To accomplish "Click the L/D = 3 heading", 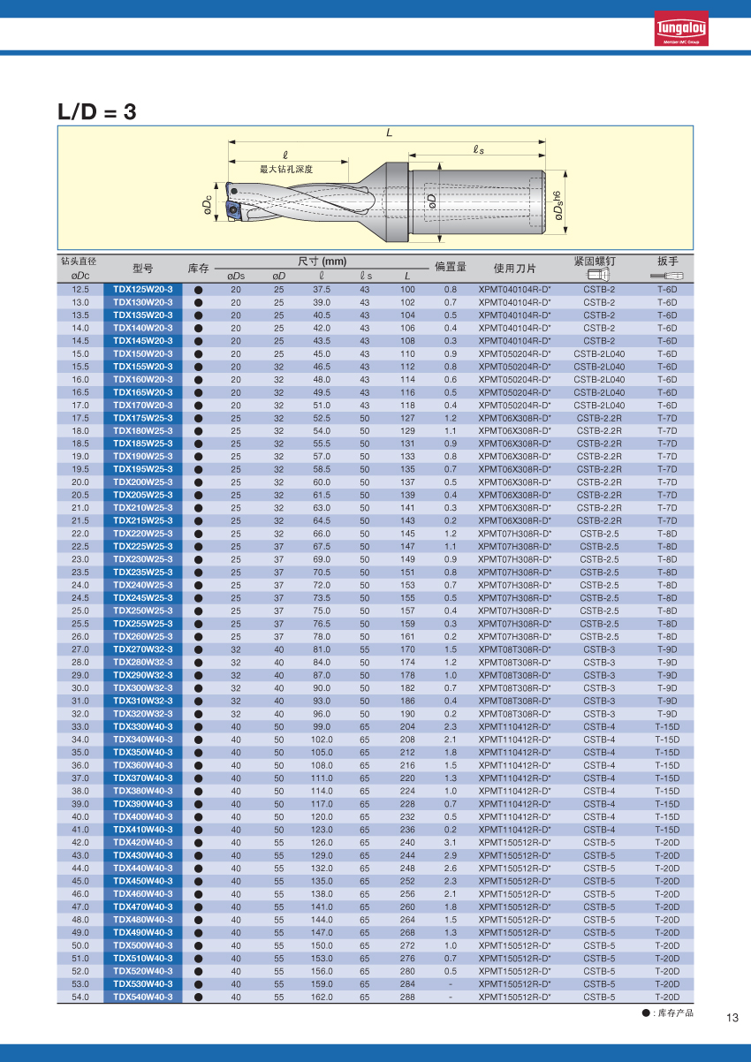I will click(97, 112).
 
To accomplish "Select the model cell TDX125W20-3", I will click(143, 289).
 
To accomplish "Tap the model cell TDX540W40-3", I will click(143, 997).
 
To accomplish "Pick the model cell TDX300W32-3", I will click(143, 688).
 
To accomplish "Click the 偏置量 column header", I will click(450, 267).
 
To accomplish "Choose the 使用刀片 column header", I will click(515, 268).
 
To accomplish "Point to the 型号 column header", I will click(143, 268).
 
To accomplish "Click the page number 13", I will click(732, 1017).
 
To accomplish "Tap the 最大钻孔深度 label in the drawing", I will click(286, 168).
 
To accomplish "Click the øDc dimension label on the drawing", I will click(207, 205).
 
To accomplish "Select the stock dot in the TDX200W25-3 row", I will click(199, 482).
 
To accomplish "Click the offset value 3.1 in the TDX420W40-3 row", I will click(451, 842).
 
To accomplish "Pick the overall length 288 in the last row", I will click(407, 997).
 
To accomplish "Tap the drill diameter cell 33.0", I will click(80, 726).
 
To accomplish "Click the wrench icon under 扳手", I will click(667, 277).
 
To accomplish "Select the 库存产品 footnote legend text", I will click(673, 1013).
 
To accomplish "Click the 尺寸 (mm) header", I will click(322, 261).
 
